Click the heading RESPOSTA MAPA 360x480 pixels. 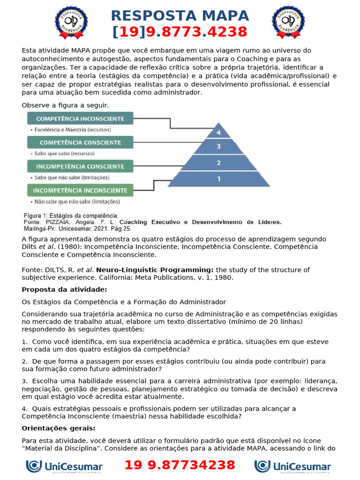[x=180, y=15]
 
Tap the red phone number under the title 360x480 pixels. [x=180, y=32]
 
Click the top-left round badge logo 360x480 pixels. [x=71, y=22]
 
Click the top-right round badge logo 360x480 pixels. [x=288, y=22]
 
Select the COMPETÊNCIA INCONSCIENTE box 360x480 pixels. [x=80, y=119]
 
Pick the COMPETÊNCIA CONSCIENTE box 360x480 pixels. [x=80, y=142]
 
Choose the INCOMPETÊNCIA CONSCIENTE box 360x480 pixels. [x=80, y=166]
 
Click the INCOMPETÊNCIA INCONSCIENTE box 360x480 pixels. [x=80, y=190]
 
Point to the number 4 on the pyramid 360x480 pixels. [x=218, y=133]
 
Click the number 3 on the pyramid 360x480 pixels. [x=218, y=146]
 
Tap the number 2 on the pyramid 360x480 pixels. [x=218, y=163]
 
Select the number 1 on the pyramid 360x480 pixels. [x=218, y=179]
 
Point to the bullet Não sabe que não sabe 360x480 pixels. [x=75, y=202]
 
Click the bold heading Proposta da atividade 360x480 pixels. [x=64, y=289]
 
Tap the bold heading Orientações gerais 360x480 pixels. [x=59, y=428]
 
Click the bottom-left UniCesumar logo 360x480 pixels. [x=64, y=466]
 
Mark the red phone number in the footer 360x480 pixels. [x=180, y=465]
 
